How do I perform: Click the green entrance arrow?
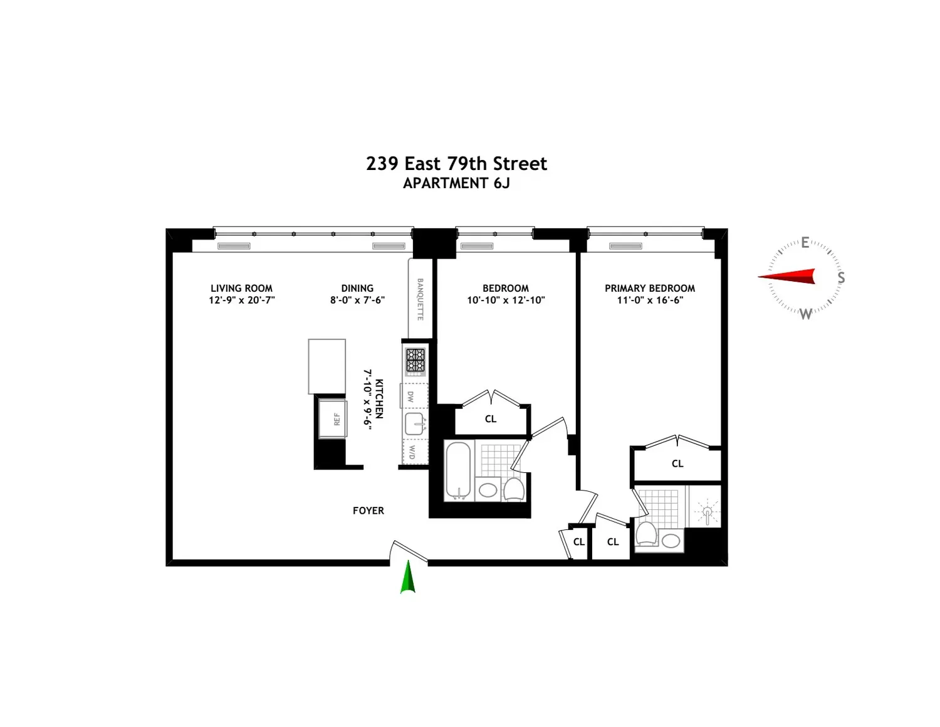(x=407, y=576)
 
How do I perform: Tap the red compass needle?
(x=787, y=276)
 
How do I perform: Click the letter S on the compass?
(x=841, y=277)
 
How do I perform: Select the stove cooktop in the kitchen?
(x=415, y=361)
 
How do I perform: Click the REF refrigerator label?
(x=337, y=419)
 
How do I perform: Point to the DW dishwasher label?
(x=410, y=396)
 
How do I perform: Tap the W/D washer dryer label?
(x=412, y=452)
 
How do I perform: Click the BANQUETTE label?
(x=420, y=299)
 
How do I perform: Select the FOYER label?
(x=368, y=511)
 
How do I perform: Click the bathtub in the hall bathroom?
(x=457, y=470)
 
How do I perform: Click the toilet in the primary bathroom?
(x=647, y=533)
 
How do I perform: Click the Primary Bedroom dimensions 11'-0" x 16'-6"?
(x=650, y=300)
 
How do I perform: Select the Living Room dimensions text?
(x=242, y=300)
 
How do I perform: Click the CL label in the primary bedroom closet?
(x=677, y=464)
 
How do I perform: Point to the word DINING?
(x=357, y=289)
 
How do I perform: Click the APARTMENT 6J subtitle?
(x=456, y=183)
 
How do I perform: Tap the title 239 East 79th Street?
(x=456, y=164)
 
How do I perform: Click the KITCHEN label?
(x=379, y=399)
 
